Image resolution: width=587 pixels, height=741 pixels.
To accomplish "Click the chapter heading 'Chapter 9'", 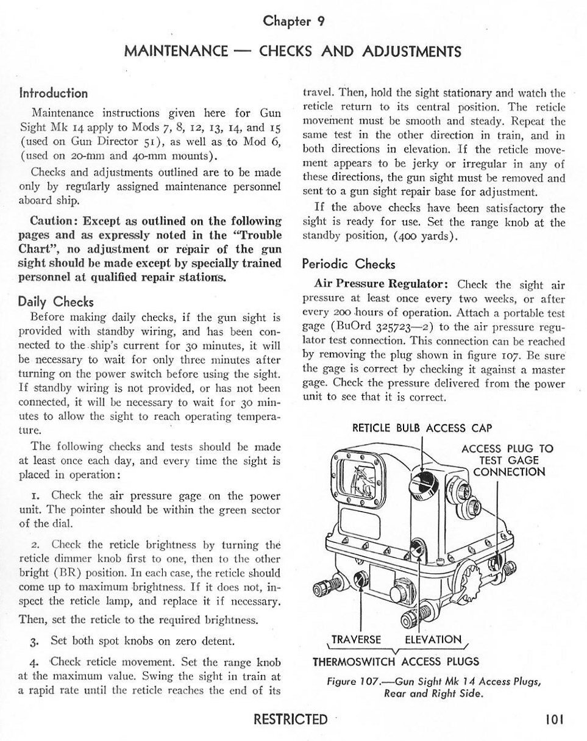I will [293, 21].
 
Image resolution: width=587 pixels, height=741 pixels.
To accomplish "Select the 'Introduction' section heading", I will [54, 93].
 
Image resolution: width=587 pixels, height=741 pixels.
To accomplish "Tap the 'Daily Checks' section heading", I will [55, 301].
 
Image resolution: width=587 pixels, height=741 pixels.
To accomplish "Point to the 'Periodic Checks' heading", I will [349, 264].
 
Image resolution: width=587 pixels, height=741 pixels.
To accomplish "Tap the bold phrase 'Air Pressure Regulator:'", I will [382, 284].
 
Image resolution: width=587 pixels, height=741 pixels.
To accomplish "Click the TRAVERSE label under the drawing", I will [355, 640].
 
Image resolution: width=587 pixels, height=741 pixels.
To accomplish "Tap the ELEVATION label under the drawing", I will [433, 640].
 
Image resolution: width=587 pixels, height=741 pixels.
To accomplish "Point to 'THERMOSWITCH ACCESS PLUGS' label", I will [396, 662].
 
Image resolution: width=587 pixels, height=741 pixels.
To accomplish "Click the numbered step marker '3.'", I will [35, 642].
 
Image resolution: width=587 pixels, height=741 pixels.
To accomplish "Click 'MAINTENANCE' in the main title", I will [176, 51].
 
